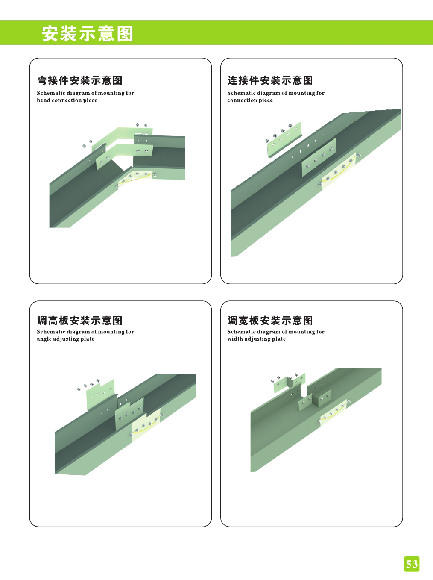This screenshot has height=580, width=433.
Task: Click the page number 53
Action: tap(411, 564)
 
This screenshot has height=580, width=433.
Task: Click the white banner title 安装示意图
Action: tap(88, 34)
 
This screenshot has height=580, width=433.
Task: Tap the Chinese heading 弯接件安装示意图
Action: tap(80, 80)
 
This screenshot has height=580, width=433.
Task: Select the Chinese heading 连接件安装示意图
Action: tap(270, 80)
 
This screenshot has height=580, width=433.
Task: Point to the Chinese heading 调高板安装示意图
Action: tap(80, 321)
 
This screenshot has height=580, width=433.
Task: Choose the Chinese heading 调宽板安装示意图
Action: tap(270, 321)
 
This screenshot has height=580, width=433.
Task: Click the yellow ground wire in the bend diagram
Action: tap(136, 177)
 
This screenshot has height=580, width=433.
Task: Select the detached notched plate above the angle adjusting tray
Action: tap(101, 394)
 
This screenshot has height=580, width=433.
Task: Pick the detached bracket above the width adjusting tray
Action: tap(289, 383)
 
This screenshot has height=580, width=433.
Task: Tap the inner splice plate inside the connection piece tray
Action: tap(319, 157)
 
